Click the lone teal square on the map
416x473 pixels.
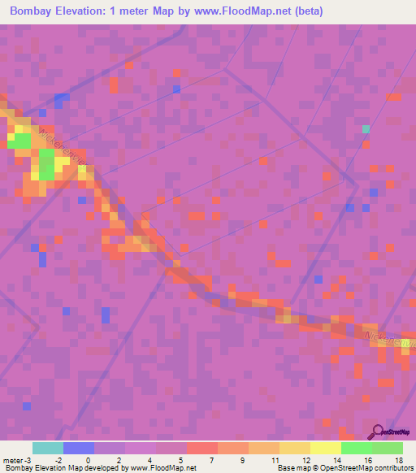click(366, 128)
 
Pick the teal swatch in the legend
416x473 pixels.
click(48, 448)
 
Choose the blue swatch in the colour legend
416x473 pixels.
click(79, 448)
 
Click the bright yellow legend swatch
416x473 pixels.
click(326, 448)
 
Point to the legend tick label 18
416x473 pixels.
click(397, 459)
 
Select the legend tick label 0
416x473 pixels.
click(88, 459)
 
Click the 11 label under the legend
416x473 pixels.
click(274, 459)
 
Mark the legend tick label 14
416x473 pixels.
click(336, 459)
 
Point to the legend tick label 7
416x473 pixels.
click(212, 459)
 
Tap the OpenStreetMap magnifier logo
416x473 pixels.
click(376, 432)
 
